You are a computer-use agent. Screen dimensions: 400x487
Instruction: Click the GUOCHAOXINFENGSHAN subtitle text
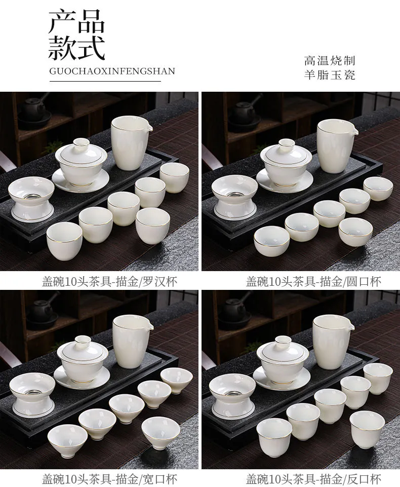point(112,71)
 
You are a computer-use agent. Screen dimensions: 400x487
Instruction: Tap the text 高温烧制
point(330,60)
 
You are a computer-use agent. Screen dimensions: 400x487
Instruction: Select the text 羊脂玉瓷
point(330,75)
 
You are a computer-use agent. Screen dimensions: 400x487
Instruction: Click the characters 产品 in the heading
point(76,21)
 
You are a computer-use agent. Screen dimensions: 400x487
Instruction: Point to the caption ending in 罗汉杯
point(109,282)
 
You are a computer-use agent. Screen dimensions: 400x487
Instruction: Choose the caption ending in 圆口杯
point(313,282)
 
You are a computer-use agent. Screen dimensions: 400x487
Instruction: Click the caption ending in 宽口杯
point(109,479)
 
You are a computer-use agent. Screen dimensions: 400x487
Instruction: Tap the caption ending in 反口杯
point(313,479)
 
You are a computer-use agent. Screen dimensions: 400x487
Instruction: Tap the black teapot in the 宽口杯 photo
point(40,311)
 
